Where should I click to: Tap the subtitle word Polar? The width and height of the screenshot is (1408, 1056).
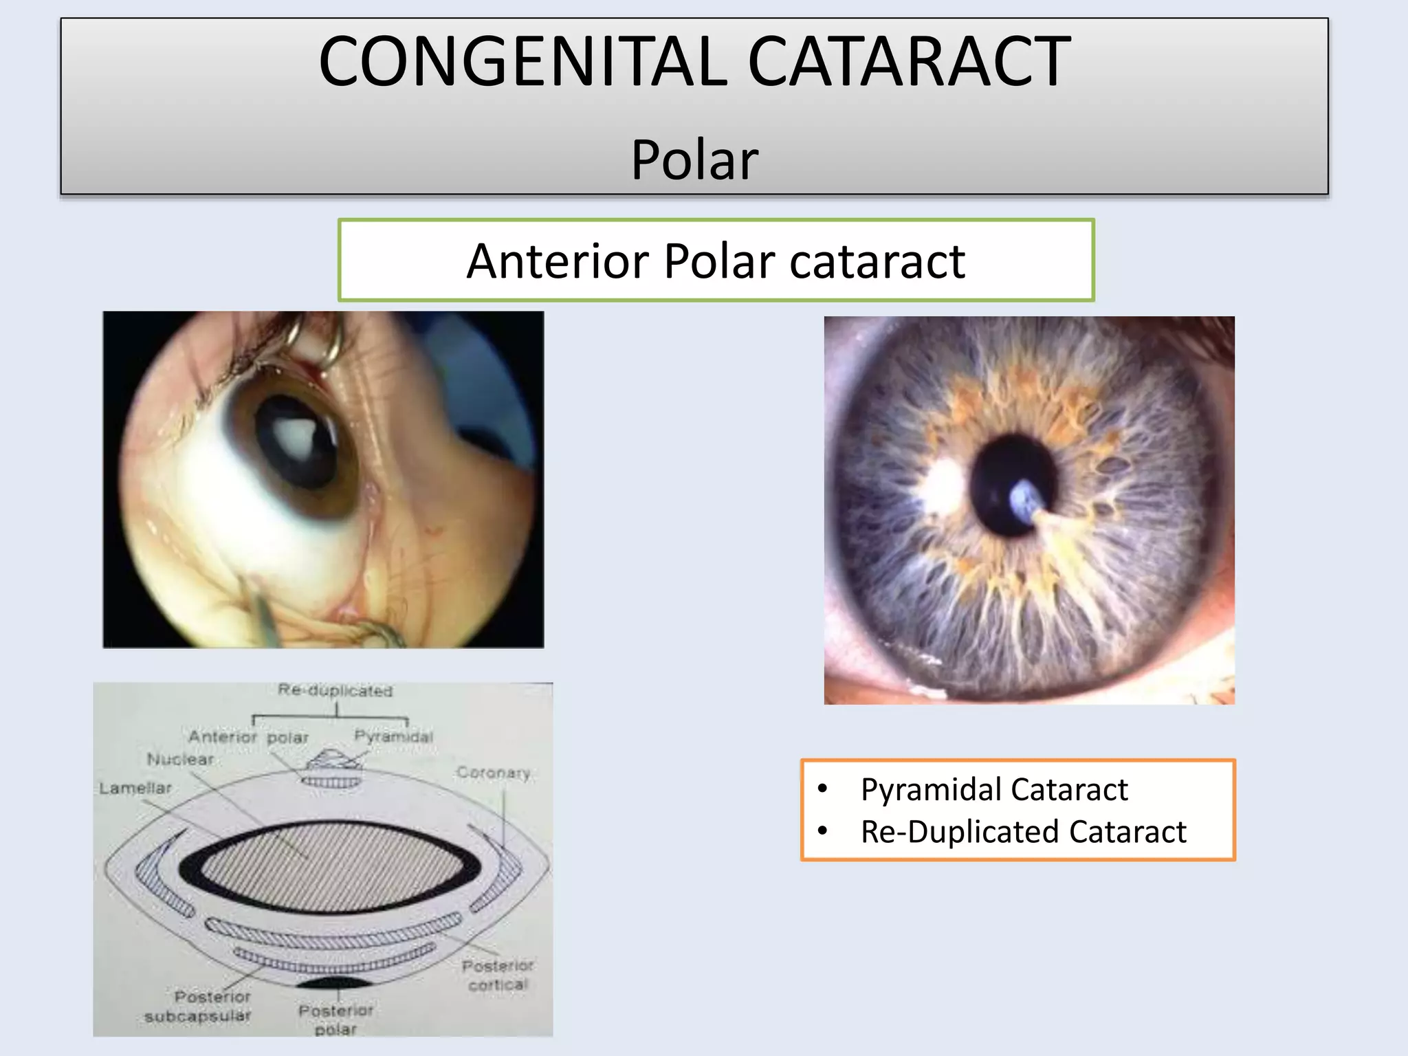(694, 159)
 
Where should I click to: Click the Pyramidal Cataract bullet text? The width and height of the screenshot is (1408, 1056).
(994, 789)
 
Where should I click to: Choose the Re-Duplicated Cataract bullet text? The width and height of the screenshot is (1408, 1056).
(1023, 832)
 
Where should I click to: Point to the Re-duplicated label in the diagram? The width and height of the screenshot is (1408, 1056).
(335, 690)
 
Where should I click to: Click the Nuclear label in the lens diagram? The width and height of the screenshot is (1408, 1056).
(181, 759)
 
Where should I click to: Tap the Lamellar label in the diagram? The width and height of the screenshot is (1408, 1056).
(135, 788)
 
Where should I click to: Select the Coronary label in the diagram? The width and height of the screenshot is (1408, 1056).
(494, 773)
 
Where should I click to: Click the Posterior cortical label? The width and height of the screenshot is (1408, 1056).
(497, 975)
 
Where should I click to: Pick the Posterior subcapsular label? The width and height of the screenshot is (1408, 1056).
(198, 1006)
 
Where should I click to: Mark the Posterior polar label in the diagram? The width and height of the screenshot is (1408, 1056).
(335, 1019)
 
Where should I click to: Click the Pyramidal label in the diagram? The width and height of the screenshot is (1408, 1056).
(393, 736)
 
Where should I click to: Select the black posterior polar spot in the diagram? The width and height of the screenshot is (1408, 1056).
(335, 981)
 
